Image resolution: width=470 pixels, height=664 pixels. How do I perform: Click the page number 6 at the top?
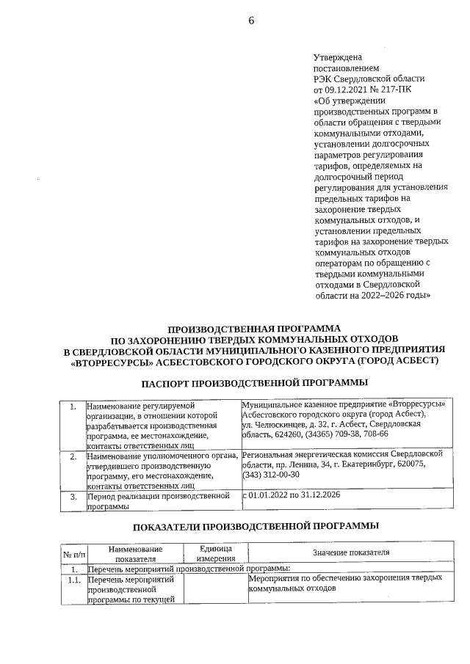pyautogui.click(x=250, y=21)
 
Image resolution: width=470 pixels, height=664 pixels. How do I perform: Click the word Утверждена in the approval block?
pyautogui.click(x=338, y=56)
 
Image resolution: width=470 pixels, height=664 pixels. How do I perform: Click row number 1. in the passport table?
pyautogui.click(x=73, y=406)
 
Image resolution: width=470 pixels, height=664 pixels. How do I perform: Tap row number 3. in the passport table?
pyautogui.click(x=73, y=497)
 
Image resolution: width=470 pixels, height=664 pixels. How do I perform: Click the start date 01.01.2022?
pyautogui.click(x=270, y=496)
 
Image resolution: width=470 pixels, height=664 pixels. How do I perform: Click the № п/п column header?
pyautogui.click(x=73, y=552)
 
